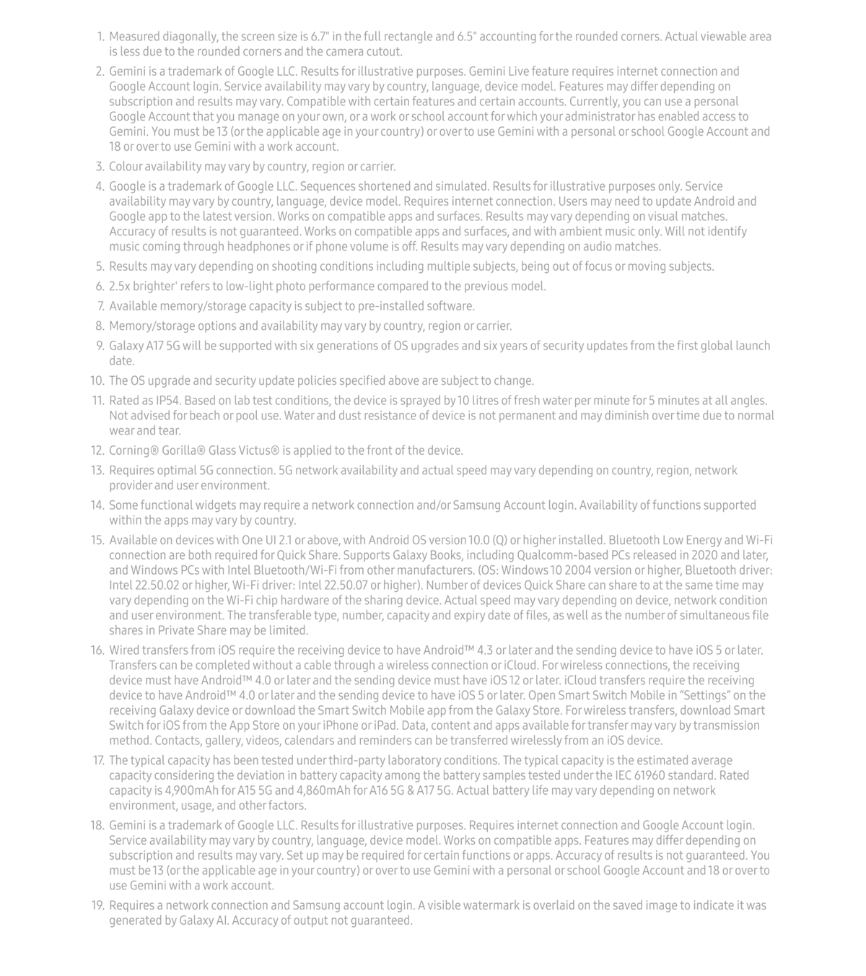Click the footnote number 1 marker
tap(100, 37)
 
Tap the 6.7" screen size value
tap(318, 37)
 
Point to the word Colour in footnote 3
tap(125, 167)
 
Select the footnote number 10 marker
tap(97, 381)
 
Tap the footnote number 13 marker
tap(97, 471)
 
